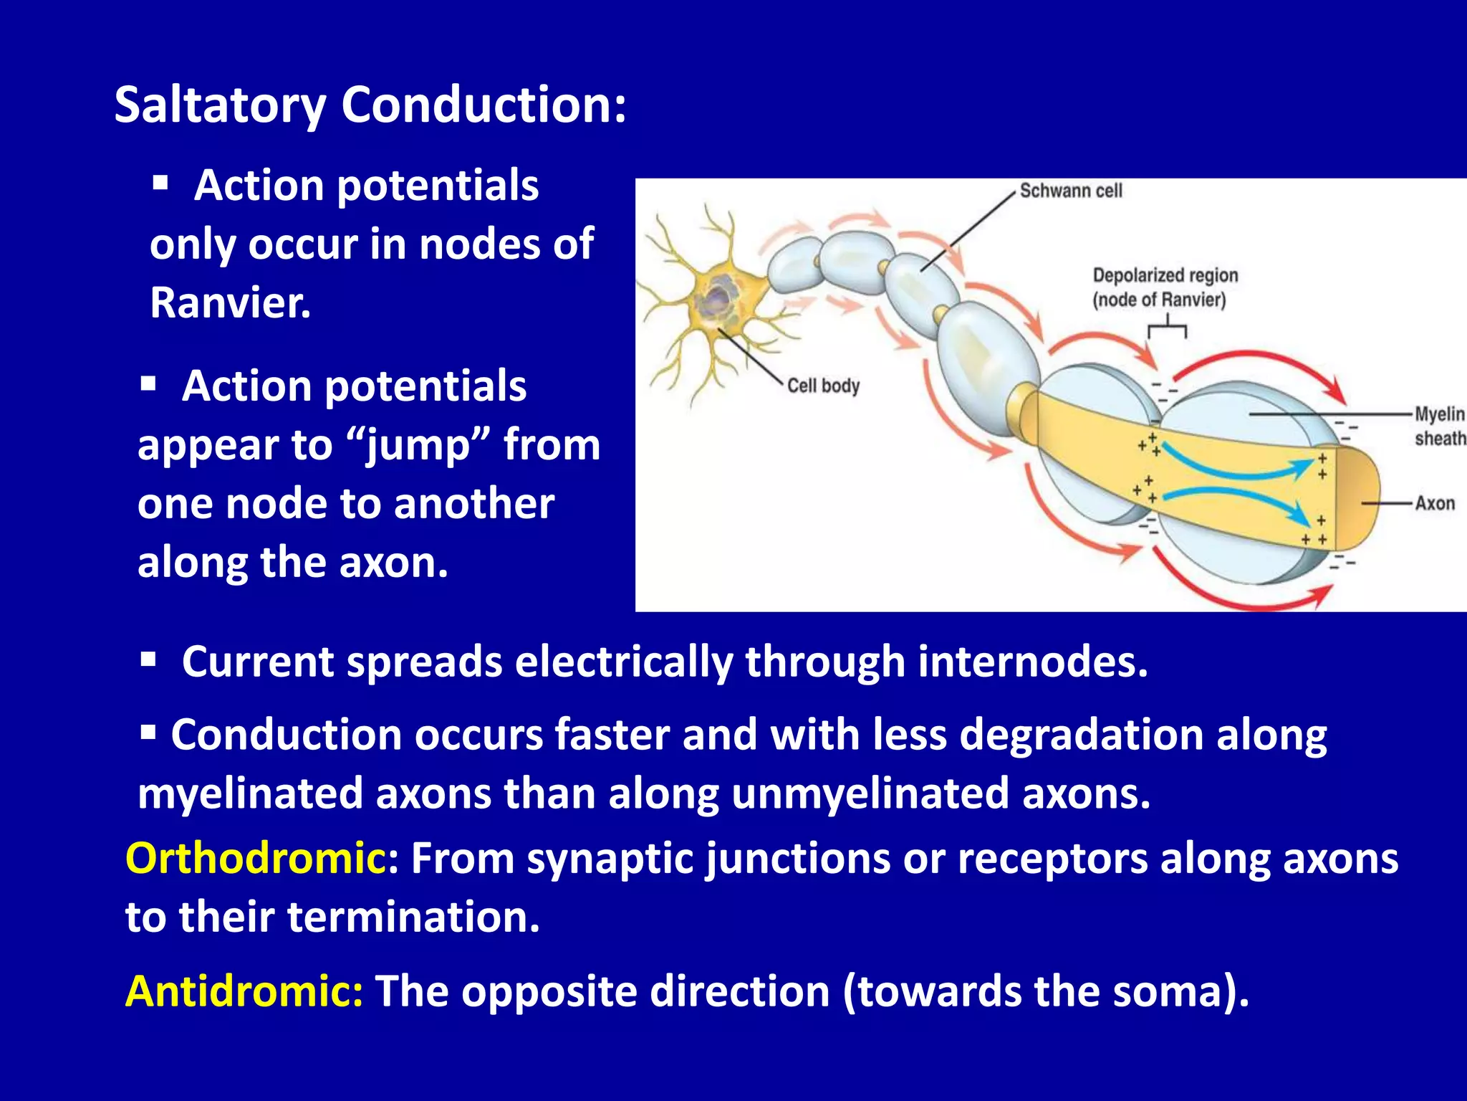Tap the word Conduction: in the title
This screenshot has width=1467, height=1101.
click(484, 105)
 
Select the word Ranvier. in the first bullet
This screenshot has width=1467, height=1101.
click(230, 302)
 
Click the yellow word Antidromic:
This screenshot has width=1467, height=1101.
click(244, 991)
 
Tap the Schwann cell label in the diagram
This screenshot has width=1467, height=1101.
click(1070, 191)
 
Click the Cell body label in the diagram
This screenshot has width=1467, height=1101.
click(822, 386)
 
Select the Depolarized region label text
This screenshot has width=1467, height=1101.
click(1165, 276)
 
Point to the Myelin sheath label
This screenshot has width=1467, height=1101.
click(1438, 426)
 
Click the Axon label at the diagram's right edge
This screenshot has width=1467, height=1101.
click(1434, 504)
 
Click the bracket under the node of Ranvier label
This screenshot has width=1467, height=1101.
click(1167, 329)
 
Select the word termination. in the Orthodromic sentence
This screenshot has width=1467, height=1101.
click(413, 917)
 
